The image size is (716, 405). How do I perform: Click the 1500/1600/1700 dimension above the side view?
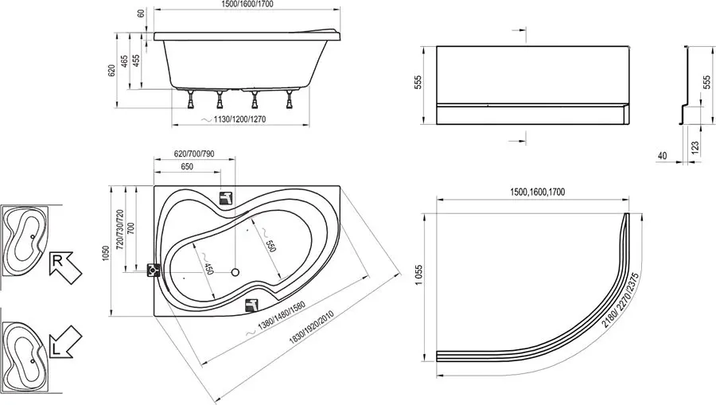click(247, 5)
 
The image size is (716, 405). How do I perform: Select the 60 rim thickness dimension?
click(142, 14)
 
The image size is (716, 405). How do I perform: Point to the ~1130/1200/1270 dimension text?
click(233, 119)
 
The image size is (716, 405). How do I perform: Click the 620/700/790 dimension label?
click(194, 154)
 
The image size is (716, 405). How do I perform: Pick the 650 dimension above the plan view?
click(187, 166)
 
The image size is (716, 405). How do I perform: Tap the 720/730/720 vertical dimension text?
click(120, 228)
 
